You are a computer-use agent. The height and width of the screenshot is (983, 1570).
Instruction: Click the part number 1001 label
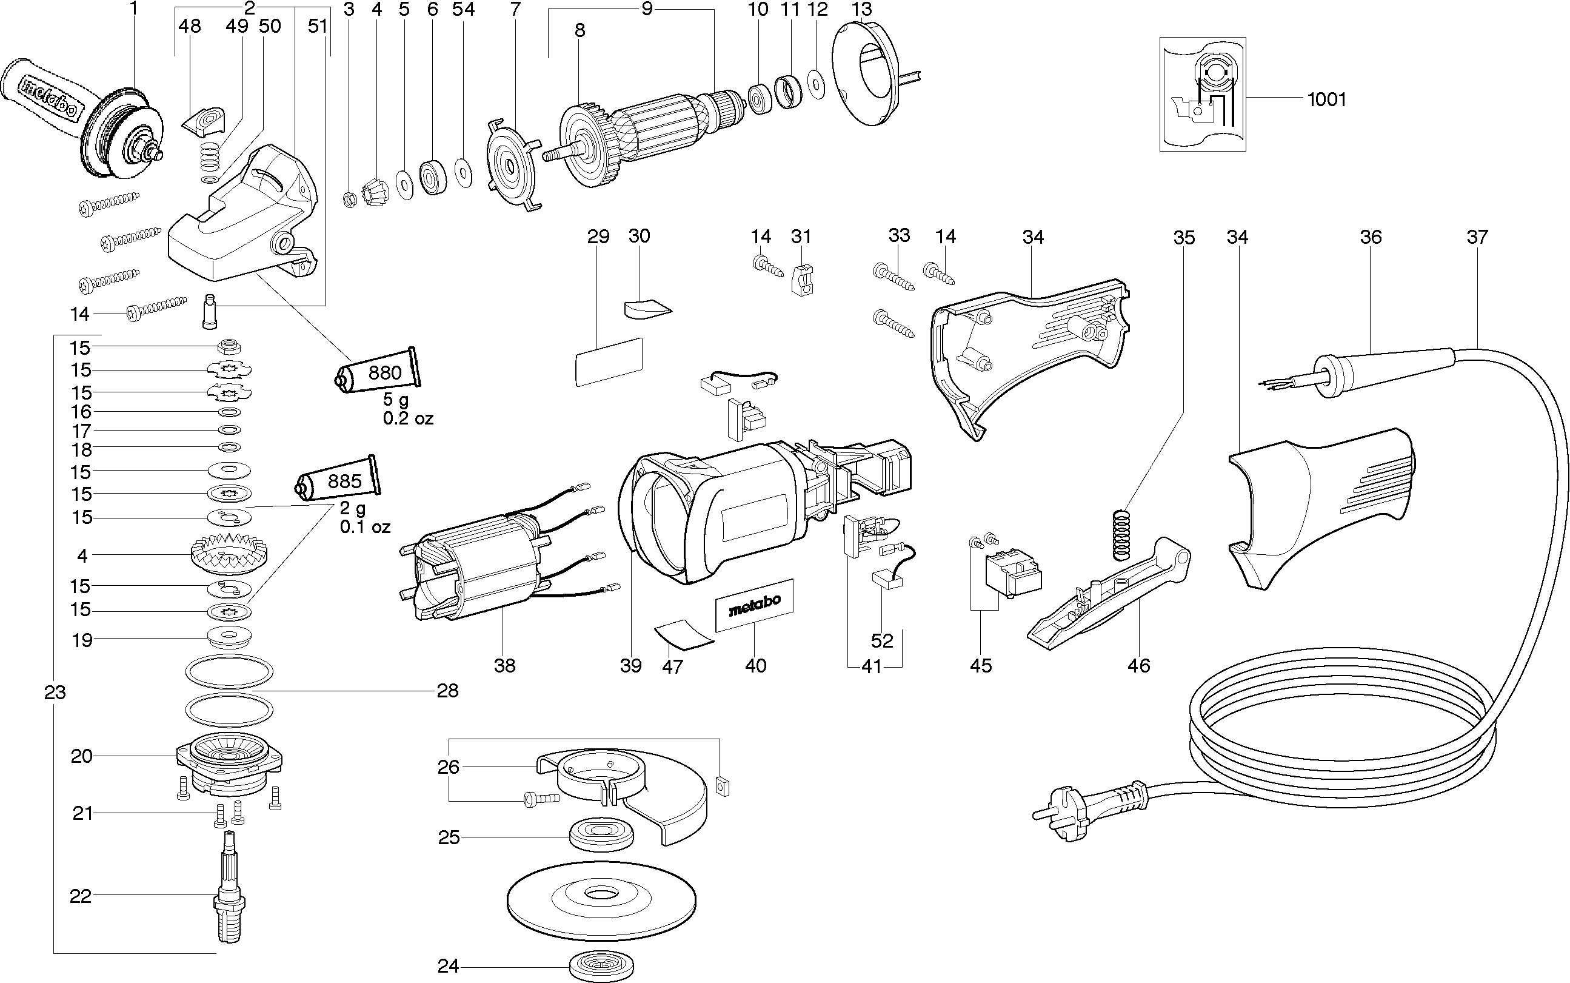point(1326,99)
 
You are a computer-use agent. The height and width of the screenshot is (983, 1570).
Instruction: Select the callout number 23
point(55,693)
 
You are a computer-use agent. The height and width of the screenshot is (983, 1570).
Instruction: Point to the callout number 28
point(448,691)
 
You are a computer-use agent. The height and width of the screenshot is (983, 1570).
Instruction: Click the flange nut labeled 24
point(601,967)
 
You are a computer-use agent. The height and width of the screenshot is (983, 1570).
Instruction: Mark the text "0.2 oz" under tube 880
point(408,418)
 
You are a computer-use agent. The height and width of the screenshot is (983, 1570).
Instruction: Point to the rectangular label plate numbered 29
point(608,361)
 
